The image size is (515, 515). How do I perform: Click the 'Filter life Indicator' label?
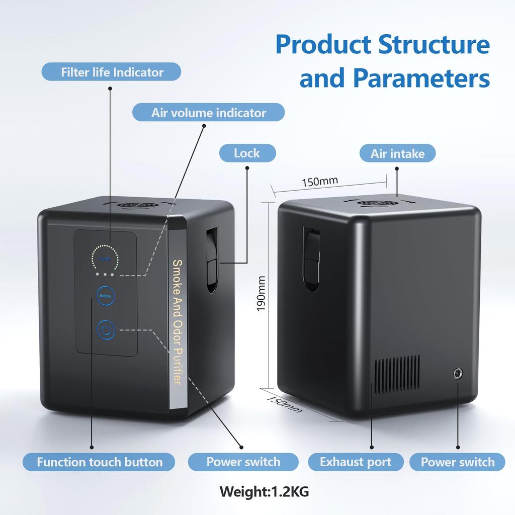pos(112,72)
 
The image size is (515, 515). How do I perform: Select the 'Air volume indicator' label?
pos(208,112)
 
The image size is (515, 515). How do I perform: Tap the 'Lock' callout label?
pos(247,153)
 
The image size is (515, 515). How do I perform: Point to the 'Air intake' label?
pos(397,153)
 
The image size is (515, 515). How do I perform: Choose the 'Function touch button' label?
pos(100,462)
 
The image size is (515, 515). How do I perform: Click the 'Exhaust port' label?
pos(355,462)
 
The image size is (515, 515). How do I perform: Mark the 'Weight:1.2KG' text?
pos(264,490)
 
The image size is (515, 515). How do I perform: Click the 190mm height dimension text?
pos(261,293)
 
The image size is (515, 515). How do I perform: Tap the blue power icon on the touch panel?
pos(106,330)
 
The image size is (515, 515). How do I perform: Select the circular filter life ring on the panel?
pos(105,258)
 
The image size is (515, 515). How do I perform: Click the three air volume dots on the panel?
pos(105,275)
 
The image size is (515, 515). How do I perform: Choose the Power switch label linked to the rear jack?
pos(457,462)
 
